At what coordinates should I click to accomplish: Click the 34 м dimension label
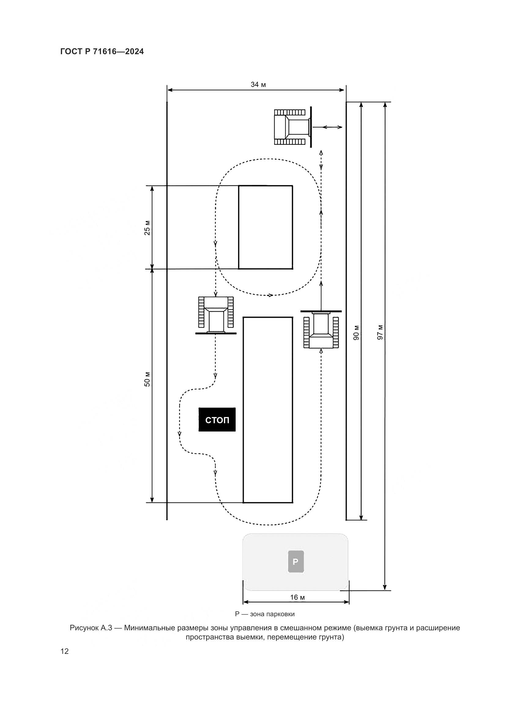258,84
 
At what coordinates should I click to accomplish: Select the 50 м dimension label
147,379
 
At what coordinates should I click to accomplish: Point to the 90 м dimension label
356,332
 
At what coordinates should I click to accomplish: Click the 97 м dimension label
380,332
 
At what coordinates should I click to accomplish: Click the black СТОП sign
217,419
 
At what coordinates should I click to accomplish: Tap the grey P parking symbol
296,562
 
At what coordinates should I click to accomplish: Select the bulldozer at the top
293,127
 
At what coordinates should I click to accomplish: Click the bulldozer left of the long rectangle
216,315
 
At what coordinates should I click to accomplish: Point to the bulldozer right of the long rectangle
321,329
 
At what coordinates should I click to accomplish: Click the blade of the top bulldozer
311,127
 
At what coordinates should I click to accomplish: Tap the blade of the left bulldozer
216,333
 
